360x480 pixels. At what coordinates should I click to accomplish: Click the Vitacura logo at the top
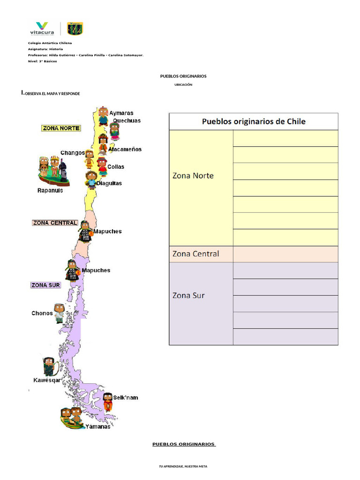[42, 29]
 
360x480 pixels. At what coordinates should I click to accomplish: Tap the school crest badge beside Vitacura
[75, 29]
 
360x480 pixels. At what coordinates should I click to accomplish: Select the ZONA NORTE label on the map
[61, 128]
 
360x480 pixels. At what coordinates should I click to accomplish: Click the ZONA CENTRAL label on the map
[55, 223]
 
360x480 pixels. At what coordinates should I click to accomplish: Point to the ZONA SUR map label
[45, 285]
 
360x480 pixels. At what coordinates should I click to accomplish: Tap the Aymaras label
[121, 113]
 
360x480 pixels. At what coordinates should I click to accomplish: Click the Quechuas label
[127, 120]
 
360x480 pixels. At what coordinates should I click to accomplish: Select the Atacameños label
[125, 150]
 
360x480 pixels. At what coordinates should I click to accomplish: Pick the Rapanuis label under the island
[50, 190]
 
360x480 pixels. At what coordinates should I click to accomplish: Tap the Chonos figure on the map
[59, 313]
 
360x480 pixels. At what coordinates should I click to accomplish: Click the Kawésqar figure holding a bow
[50, 367]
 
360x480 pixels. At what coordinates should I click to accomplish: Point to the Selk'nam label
[126, 397]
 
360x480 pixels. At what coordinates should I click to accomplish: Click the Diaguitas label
[109, 183]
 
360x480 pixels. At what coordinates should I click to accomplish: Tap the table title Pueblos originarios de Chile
[254, 121]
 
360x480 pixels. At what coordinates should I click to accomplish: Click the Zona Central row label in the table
[195, 254]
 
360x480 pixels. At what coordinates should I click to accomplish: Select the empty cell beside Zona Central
[285, 254]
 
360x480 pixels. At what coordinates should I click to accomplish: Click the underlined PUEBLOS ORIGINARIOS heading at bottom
[184, 444]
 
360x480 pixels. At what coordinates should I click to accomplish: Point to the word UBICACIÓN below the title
[183, 84]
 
